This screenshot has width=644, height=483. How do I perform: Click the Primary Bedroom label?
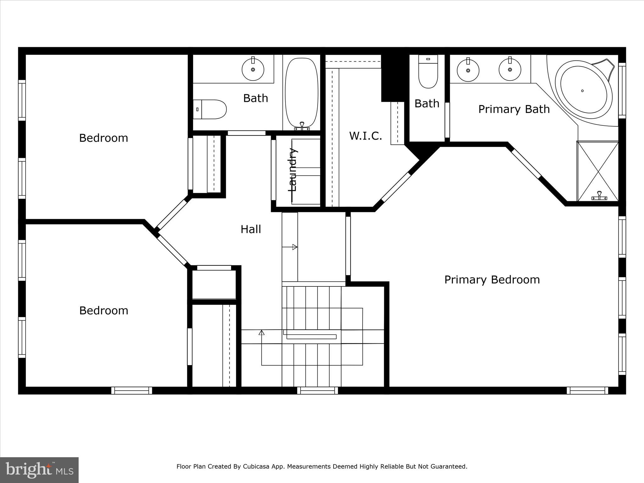click(x=492, y=280)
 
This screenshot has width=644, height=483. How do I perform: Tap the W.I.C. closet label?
click(x=365, y=136)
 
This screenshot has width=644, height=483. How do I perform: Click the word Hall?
click(x=251, y=229)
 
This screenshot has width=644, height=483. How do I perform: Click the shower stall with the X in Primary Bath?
click(x=597, y=171)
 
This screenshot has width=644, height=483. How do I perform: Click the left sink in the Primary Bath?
click(x=468, y=70)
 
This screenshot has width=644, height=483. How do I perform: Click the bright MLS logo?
click(x=39, y=469)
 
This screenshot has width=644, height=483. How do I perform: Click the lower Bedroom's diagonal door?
click(x=172, y=251)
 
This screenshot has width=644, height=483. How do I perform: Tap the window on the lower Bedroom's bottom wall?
click(x=131, y=391)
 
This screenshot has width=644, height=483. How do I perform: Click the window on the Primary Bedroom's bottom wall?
click(x=587, y=391)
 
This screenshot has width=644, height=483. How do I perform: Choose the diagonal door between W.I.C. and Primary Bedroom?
click(x=396, y=187)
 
